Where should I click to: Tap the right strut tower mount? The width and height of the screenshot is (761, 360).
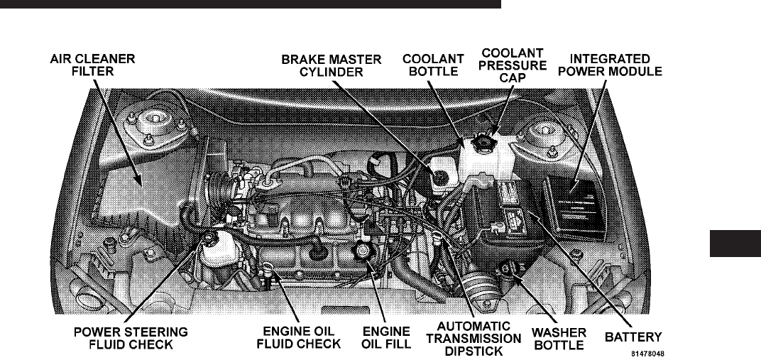tap(543, 134)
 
